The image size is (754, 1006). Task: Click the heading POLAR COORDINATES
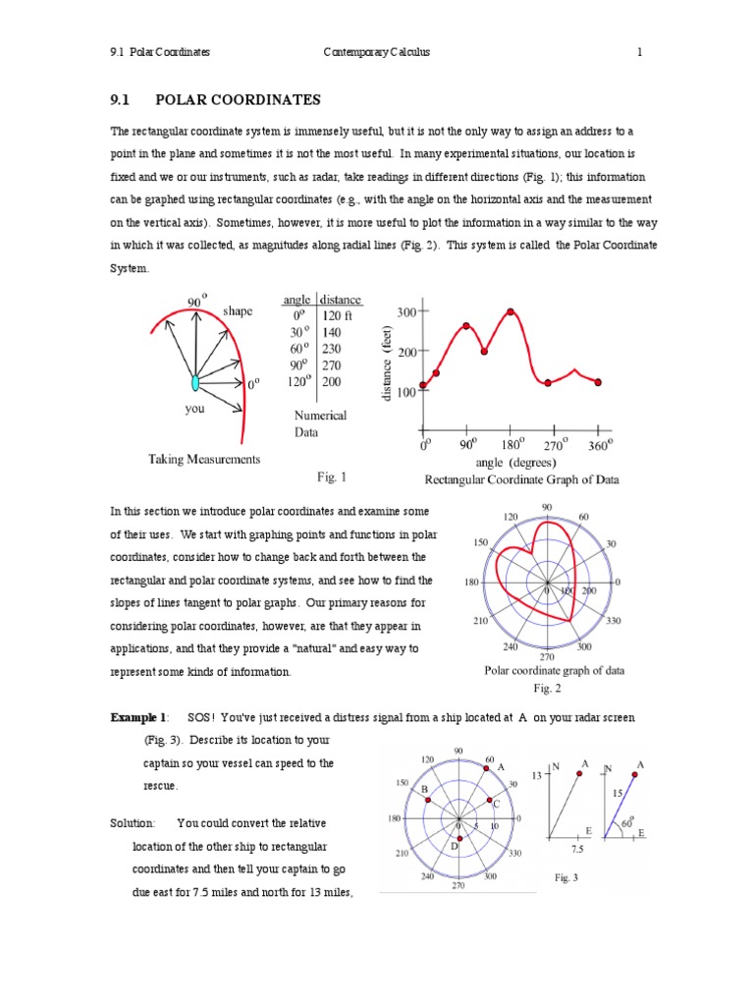pos(238,100)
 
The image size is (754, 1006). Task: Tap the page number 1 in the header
pos(639,52)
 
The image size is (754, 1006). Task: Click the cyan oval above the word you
pos(195,382)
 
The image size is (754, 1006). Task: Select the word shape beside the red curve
pos(238,311)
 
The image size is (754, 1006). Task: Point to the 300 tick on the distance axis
pos(405,311)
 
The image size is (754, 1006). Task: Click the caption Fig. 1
pos(332,477)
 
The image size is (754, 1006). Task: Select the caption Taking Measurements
pos(204,459)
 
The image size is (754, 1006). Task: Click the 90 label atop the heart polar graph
pos(547,507)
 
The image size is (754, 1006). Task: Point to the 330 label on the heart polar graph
pos(615,622)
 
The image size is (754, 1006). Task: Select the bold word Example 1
pos(139,718)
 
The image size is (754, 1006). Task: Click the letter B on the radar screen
pos(424,789)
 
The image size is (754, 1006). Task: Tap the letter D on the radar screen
pos(454,845)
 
